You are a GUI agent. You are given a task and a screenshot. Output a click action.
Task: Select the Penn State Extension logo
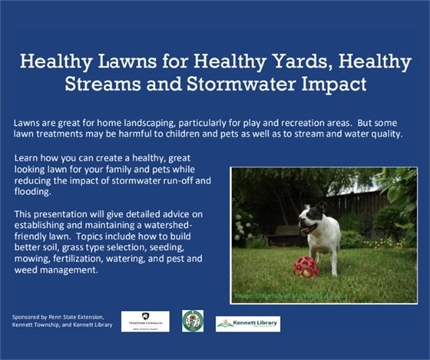(x=145, y=319)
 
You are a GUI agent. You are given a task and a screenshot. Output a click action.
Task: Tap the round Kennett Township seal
(x=192, y=320)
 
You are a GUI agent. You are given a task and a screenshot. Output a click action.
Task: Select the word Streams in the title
(x=139, y=84)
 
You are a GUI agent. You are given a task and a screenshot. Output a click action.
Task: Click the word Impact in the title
(x=337, y=84)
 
